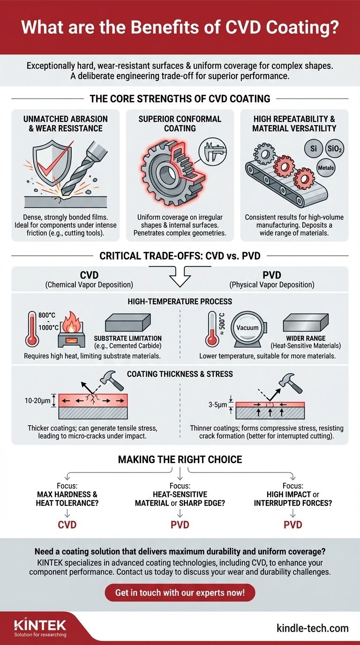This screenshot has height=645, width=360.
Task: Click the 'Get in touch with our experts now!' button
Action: (180, 592)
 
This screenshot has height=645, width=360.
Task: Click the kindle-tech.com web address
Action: (313, 628)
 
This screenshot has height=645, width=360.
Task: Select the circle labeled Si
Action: (313, 149)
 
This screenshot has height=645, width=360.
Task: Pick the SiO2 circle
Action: (334, 149)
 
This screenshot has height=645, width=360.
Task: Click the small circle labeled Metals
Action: (326, 168)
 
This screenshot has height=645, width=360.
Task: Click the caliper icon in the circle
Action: (213, 151)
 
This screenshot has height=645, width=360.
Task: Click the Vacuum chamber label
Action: (247, 328)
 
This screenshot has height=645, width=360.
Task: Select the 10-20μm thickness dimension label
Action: (37, 400)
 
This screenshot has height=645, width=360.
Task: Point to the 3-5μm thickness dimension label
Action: (217, 405)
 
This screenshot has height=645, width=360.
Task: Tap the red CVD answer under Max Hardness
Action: (67, 525)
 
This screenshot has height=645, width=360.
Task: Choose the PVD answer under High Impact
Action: (292, 525)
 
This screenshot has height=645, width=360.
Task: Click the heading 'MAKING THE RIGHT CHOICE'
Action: (180, 459)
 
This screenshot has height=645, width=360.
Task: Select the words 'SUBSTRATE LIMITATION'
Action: (127, 338)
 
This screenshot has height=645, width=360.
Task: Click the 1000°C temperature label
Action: (48, 327)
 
